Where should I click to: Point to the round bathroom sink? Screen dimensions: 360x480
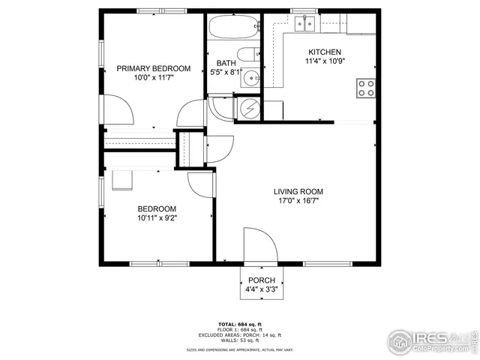point(255,76)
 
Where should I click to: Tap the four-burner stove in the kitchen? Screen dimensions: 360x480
point(366,88)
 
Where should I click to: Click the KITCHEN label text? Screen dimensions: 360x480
point(325,52)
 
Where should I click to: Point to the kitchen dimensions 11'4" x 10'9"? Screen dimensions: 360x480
point(325,61)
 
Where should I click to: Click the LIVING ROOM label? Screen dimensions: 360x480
point(298,192)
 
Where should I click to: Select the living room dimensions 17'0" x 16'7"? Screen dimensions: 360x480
point(298,201)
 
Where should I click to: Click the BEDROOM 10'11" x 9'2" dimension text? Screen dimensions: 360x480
point(156,218)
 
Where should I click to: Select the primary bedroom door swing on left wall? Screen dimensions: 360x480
point(120,109)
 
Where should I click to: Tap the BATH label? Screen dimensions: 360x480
point(226,63)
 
